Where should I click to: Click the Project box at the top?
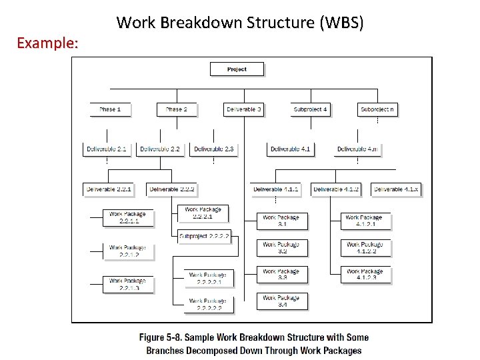point(237,69)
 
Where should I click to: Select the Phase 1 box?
point(110,109)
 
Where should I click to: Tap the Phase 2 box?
point(177,109)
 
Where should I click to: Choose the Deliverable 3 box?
point(243,109)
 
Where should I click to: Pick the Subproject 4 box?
point(311,109)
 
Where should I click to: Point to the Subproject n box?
point(377,109)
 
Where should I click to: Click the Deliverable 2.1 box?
point(107,149)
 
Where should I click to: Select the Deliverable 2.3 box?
point(214,149)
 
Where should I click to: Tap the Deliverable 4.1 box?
point(291,149)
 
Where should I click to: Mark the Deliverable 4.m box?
point(357,149)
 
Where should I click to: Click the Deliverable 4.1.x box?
point(396,189)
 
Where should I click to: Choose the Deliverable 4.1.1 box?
point(276,189)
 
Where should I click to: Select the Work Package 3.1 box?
point(282,221)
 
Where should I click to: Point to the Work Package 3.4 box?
point(282,301)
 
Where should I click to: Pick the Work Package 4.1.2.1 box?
point(365,221)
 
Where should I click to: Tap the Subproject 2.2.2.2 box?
point(205,236)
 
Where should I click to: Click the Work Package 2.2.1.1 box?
point(128,217)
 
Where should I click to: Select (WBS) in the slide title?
point(342,23)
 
